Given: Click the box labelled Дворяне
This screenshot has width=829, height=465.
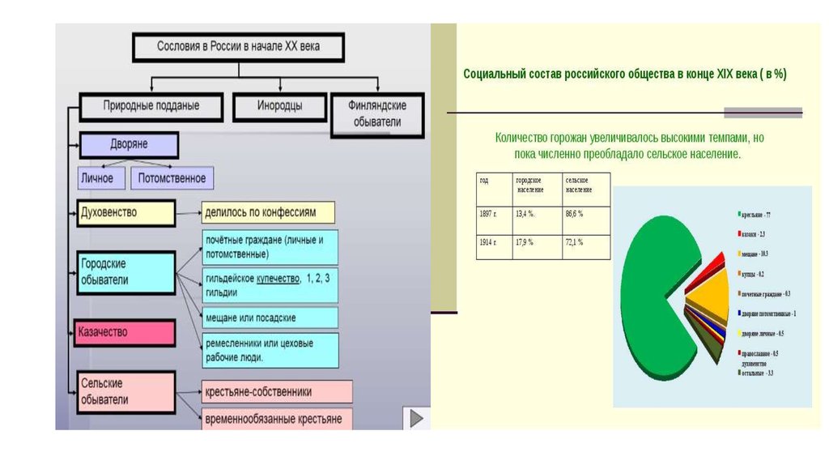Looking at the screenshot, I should click(x=129, y=145).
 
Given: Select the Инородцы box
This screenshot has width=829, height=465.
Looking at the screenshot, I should click(x=280, y=106).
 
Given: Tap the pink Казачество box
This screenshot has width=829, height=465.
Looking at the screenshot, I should click(x=125, y=332).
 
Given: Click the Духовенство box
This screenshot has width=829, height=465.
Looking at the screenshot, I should click(x=125, y=213).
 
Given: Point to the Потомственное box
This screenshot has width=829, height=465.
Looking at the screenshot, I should click(x=172, y=178).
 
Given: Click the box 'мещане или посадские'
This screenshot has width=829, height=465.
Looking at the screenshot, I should click(x=270, y=318).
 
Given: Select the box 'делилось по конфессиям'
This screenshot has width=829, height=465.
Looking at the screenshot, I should click(x=268, y=213).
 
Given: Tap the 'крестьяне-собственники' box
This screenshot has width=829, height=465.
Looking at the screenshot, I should click(x=276, y=392).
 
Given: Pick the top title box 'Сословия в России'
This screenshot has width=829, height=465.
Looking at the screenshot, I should click(x=239, y=47).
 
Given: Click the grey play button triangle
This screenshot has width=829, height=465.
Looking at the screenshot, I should click(x=416, y=418).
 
